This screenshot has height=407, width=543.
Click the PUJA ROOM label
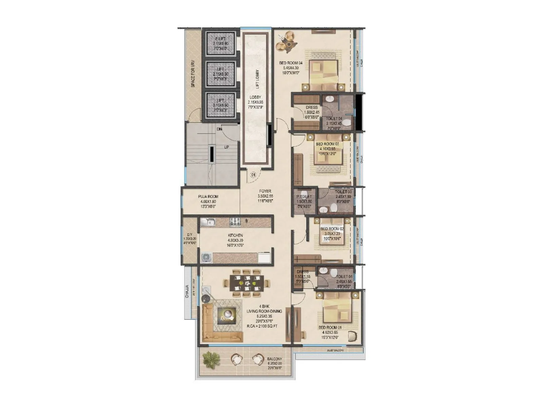click(208, 196)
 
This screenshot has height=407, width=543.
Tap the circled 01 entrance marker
click(253, 175)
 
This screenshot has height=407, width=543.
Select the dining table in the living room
click(247, 283)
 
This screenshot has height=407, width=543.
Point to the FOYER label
click(265, 191)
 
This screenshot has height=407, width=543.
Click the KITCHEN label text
click(235, 235)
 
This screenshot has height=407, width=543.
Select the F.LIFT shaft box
click(221, 43)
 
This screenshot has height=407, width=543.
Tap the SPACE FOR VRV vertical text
click(193, 74)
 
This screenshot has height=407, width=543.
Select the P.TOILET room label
click(304, 197)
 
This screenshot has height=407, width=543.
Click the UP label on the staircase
click(226, 147)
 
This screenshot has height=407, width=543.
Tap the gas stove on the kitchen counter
click(235, 222)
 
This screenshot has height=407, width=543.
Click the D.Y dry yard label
click(190, 235)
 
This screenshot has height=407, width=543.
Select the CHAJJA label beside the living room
click(187, 291)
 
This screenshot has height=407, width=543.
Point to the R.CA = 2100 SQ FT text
click(264, 327)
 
